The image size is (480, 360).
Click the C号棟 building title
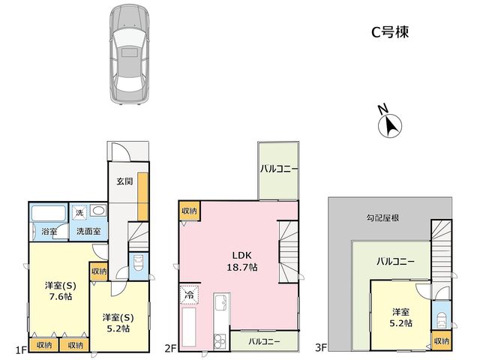click(390, 31)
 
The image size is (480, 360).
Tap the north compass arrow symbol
click(390, 125)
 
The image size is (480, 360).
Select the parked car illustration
click(130, 55)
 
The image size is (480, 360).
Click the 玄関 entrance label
click(124, 181)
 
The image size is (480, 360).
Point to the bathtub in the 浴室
click(49, 213)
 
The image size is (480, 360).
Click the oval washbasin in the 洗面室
click(98, 211)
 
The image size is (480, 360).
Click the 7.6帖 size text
click(60, 297)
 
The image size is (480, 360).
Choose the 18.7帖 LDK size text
click(241, 267)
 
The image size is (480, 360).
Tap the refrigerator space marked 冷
click(190, 295)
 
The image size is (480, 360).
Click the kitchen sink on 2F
click(222, 302)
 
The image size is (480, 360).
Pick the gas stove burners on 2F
click(220, 341)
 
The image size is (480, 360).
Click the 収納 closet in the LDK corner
click(190, 211)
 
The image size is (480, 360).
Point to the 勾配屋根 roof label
click(382, 218)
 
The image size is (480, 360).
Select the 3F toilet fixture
click(441, 320)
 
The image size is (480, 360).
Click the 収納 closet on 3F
click(442, 340)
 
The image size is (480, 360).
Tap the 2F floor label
click(169, 348)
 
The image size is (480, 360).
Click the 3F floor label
click(321, 347)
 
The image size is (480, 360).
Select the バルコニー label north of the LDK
click(279, 169)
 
